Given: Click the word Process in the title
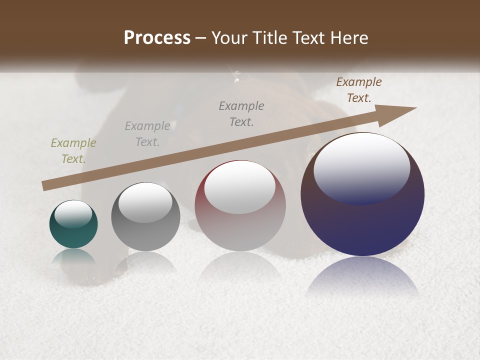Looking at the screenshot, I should [157, 37].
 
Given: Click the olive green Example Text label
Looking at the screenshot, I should [73, 150].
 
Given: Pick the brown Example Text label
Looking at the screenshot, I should [358, 90].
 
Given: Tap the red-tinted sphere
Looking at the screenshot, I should [240, 225].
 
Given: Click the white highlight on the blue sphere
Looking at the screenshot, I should [361, 167].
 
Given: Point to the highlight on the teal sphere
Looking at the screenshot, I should [73, 214].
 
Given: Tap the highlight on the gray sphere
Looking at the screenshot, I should [145, 202].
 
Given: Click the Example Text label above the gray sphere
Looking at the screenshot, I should [147, 134].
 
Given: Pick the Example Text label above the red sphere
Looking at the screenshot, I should [241, 113].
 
